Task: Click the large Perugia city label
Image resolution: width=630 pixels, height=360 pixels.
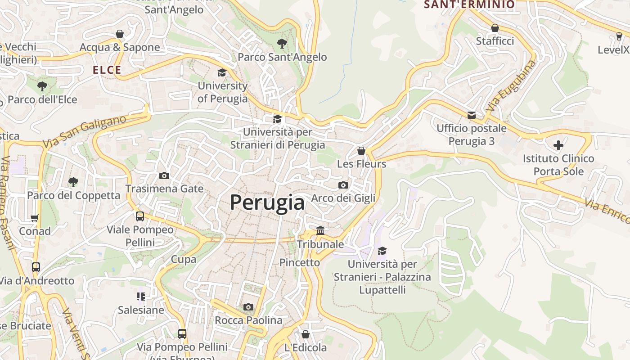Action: click(x=267, y=203)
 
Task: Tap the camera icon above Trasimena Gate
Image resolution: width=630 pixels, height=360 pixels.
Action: click(x=164, y=175)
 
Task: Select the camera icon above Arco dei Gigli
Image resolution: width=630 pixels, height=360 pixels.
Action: click(x=343, y=185)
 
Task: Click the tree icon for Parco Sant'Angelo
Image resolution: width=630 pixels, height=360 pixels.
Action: click(x=282, y=44)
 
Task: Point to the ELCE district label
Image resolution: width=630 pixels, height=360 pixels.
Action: click(x=107, y=70)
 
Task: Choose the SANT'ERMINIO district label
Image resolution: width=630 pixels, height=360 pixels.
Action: click(x=469, y=4)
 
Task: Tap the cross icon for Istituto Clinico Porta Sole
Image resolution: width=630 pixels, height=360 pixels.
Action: click(x=558, y=145)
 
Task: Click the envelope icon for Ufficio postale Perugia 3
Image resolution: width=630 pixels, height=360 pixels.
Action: click(x=472, y=115)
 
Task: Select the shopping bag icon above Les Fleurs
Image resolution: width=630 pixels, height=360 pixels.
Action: click(x=361, y=151)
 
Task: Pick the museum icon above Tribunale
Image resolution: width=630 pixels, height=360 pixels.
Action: click(x=320, y=231)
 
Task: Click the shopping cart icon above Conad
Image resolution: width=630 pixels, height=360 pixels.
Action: click(x=35, y=218)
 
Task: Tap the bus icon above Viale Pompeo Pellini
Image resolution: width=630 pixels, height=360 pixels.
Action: click(x=140, y=216)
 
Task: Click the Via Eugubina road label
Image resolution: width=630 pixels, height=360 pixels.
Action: click(x=511, y=85)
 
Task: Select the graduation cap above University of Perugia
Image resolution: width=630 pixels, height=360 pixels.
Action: click(x=222, y=72)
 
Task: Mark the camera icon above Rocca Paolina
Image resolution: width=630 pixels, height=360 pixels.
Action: click(x=248, y=307)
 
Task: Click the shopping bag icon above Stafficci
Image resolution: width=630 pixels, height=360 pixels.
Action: click(x=495, y=28)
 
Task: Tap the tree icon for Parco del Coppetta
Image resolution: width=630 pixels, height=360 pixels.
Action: click(x=73, y=182)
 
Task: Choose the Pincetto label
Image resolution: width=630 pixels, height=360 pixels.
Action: click(x=300, y=262)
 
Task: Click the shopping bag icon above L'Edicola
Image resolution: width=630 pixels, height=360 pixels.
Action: click(x=306, y=334)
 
